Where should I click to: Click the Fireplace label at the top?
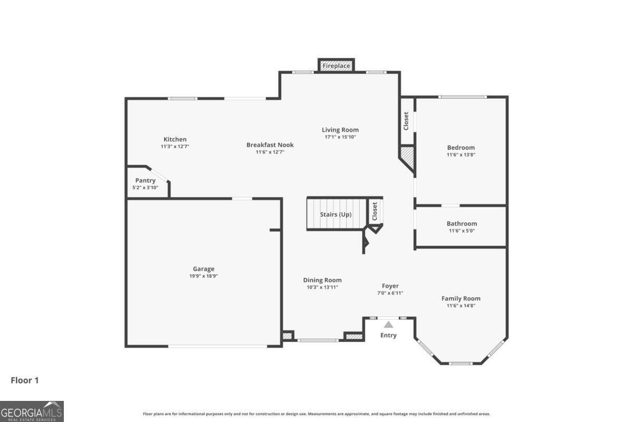click(x=336, y=66)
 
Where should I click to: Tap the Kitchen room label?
click(x=175, y=139)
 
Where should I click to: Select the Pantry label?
click(x=145, y=180)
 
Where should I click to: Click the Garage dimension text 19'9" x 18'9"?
click(x=203, y=276)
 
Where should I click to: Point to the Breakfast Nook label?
click(x=270, y=145)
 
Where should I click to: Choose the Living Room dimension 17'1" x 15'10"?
click(x=340, y=137)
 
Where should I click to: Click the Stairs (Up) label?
click(x=335, y=215)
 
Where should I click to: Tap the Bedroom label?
click(x=461, y=148)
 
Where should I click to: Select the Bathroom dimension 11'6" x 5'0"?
click(x=462, y=231)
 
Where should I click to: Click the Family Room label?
click(x=461, y=299)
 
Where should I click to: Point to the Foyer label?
click(x=390, y=286)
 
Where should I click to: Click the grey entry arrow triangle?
click(x=389, y=325)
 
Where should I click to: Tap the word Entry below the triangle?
click(x=389, y=335)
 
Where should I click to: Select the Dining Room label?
click(x=322, y=280)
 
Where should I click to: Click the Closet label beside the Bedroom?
click(x=406, y=121)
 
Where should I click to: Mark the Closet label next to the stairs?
click(x=375, y=212)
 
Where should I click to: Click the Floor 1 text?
click(x=25, y=380)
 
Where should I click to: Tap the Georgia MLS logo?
click(x=32, y=411)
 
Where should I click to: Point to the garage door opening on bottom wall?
click(x=218, y=346)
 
